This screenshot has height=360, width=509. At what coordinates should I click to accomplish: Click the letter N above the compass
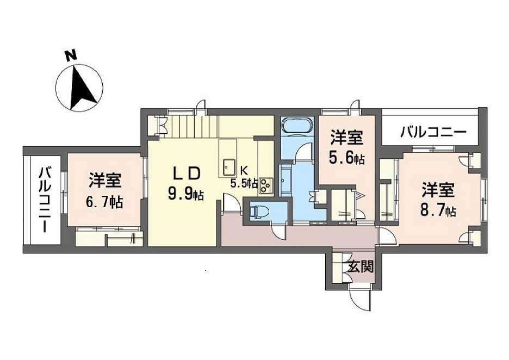[69, 55]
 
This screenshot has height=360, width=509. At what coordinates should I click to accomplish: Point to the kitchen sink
[228, 167]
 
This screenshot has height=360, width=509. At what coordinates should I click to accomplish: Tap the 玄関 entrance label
[360, 266]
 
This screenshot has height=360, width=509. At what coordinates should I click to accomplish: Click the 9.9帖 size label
[185, 194]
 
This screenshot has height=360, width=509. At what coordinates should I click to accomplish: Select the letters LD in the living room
[187, 173]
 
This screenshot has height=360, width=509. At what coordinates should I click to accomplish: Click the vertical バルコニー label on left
[45, 200]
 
